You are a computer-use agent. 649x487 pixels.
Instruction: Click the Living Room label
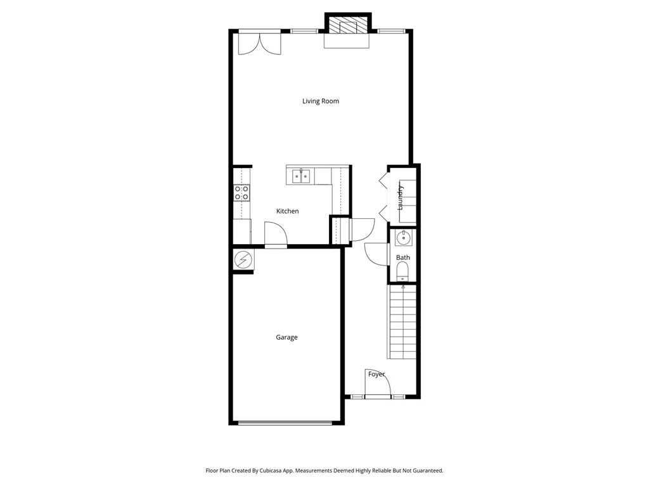pyautogui.click(x=320, y=101)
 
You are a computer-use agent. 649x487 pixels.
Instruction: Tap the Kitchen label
pyautogui.click(x=287, y=211)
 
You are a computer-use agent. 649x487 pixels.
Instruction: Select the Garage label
pyautogui.click(x=286, y=337)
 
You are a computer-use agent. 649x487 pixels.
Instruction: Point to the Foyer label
pyautogui.click(x=376, y=374)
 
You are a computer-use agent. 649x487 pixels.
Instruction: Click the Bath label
pyautogui.click(x=402, y=257)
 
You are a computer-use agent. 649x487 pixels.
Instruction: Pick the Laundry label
pyautogui.click(x=401, y=197)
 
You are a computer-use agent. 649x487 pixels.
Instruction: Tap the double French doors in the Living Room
pyautogui.click(x=259, y=43)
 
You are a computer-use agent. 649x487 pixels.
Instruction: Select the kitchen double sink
pyautogui.click(x=300, y=176)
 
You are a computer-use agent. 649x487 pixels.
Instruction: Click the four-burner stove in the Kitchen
pyautogui.click(x=241, y=193)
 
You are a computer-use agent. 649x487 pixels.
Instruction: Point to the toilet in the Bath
pyautogui.click(x=402, y=271)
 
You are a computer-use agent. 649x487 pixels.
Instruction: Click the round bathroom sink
pyautogui.click(x=402, y=238)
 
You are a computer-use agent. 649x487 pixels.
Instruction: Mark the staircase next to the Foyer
pyautogui.click(x=402, y=322)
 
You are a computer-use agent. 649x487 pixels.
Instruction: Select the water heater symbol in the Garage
pyautogui.click(x=243, y=259)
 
